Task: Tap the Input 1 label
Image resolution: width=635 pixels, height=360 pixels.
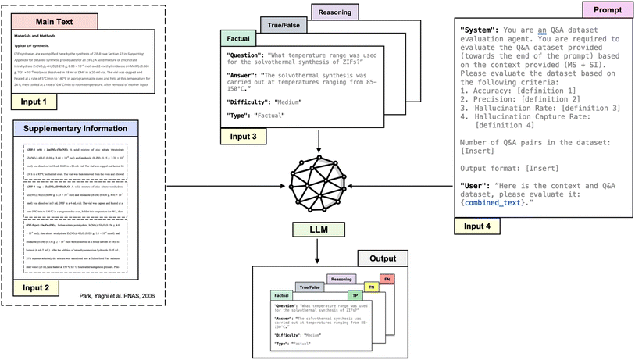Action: click(34, 102)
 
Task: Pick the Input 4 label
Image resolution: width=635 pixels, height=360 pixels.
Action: click(477, 226)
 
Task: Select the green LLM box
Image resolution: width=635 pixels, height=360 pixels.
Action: click(318, 228)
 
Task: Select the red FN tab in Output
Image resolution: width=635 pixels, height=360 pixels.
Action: click(387, 279)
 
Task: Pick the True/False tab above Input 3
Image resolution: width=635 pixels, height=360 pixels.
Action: click(284, 25)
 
